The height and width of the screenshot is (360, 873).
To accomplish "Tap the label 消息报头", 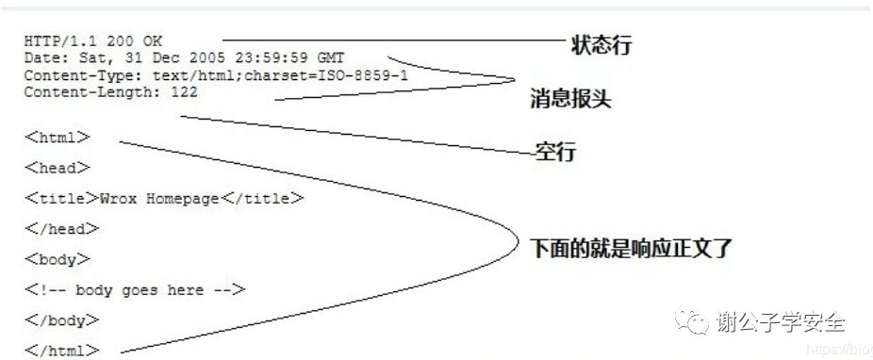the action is point(570,98).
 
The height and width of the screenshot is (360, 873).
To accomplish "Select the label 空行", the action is point(556,151).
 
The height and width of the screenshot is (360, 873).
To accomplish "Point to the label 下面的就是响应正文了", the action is point(630,248).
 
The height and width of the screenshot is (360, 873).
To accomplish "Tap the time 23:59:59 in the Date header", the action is point(280,58).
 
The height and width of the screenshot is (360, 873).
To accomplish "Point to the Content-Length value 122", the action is point(185,92).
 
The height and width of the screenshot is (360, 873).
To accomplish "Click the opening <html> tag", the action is point(58,138).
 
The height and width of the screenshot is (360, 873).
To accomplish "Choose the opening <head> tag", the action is point(58,168).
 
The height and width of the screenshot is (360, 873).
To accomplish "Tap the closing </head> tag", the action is point(61,229).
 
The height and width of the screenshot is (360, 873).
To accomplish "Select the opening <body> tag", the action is point(58,259).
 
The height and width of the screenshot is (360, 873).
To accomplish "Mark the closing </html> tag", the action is point(61,351).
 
